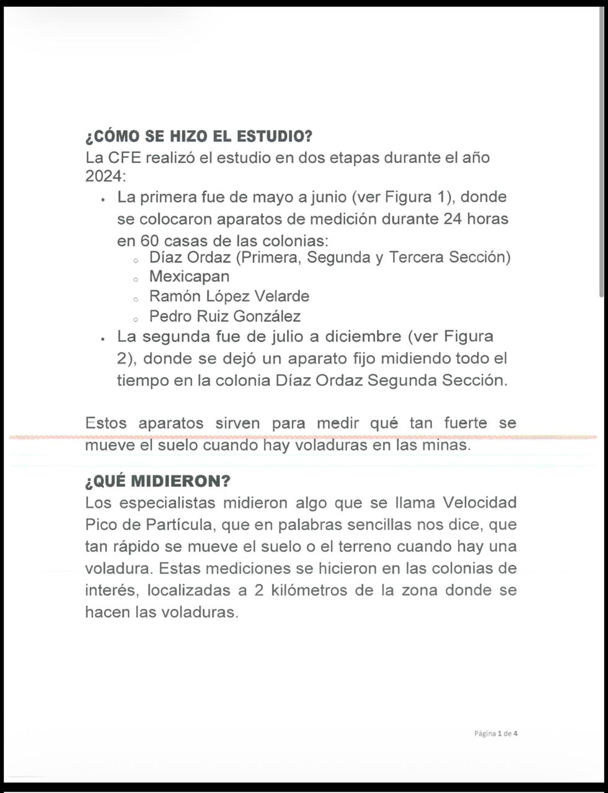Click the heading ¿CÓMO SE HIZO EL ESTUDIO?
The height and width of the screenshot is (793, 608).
pos(199,136)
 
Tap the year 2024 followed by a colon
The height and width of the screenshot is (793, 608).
pos(105,177)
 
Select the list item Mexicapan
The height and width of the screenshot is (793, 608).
pos(189,276)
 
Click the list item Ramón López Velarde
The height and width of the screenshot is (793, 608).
pos(229,296)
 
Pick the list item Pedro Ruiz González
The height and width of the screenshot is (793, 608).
pos(224,316)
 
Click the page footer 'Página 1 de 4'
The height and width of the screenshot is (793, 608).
pos(496,734)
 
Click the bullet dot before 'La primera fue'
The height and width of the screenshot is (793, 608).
pos(102,199)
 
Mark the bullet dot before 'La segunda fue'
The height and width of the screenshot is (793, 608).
pos(102,339)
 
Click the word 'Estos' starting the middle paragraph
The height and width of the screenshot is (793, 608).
pos(105,423)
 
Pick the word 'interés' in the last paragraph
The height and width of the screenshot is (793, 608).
pos(110,590)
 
